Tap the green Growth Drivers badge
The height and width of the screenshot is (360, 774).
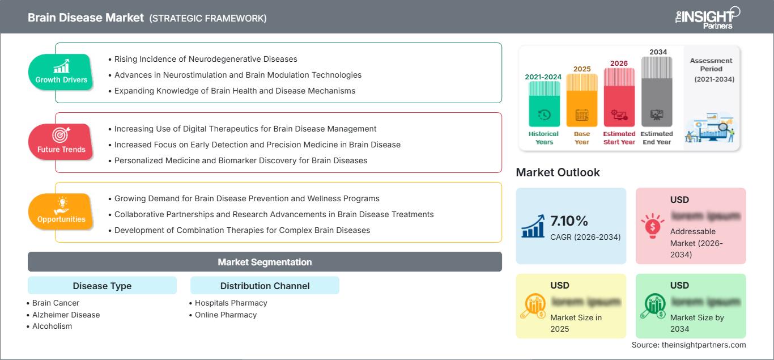pos(61,72)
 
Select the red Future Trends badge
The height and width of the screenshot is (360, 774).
pos(61,142)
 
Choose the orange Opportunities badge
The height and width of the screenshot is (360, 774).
pos(61,211)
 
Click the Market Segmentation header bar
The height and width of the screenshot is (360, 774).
pos(265,262)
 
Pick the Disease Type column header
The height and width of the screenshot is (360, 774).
pos(102,286)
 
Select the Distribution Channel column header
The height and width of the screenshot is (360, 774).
pos(265,286)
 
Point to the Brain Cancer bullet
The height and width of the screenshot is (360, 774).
pos(56,303)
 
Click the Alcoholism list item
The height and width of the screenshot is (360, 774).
pos(52,326)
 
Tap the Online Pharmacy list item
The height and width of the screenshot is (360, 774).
pos(226,315)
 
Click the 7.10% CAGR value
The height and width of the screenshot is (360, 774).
pos(569,221)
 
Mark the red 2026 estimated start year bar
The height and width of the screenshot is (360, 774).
pos(619,97)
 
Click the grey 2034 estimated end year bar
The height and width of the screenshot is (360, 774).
pos(657,91)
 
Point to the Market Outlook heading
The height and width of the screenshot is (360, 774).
pos(558,172)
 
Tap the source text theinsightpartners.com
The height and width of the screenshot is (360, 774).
pos(688,345)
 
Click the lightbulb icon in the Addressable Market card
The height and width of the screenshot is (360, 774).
pos(652,225)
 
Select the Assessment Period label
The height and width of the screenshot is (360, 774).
pos(711,65)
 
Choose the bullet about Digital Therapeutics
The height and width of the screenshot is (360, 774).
pos(245,129)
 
